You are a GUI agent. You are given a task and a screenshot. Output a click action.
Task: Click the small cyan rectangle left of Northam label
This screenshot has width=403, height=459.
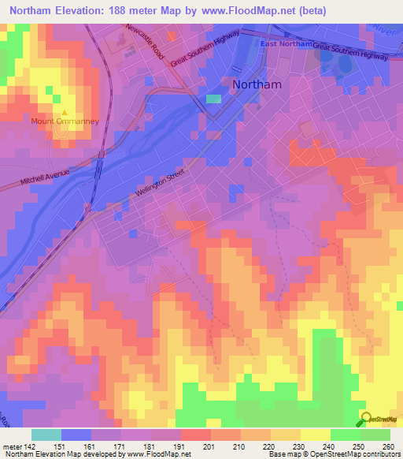click(213, 99)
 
